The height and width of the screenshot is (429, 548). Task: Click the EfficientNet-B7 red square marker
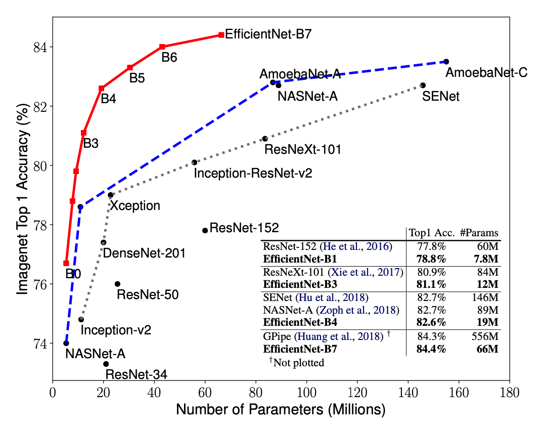pyautogui.click(x=221, y=35)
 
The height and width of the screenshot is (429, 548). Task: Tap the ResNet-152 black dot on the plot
pyautogui.click(x=205, y=231)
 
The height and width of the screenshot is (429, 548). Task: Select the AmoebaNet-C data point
pyautogui.click(x=446, y=62)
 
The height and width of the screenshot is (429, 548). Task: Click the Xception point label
pyautogui.click(x=135, y=206)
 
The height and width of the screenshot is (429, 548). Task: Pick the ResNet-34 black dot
pyautogui.click(x=106, y=364)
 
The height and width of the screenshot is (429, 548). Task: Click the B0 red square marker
pyautogui.click(x=66, y=263)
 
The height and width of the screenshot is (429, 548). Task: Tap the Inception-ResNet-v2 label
pyautogui.click(x=253, y=174)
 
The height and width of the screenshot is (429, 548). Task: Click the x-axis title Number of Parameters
pyautogui.click(x=281, y=409)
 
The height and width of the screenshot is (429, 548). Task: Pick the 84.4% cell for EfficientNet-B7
pyautogui.click(x=431, y=349)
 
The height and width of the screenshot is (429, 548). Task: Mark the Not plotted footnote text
pyautogui.click(x=297, y=362)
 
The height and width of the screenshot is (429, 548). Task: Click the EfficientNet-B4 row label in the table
pyautogui.click(x=301, y=322)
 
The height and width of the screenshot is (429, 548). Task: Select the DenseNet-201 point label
pyautogui.click(x=144, y=252)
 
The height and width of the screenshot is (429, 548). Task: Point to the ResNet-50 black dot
pyautogui.click(x=117, y=284)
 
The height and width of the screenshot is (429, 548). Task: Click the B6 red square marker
pyautogui.click(x=162, y=47)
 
